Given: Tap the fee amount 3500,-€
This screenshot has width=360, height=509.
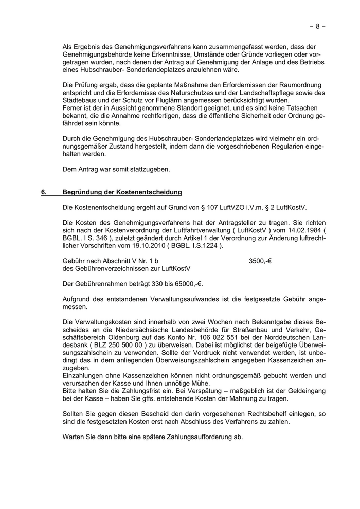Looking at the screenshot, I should (x=260, y=261).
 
